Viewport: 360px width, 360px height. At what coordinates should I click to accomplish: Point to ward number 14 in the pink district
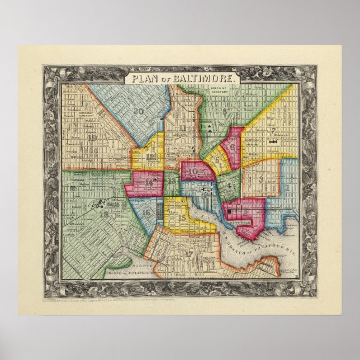tap(149, 182)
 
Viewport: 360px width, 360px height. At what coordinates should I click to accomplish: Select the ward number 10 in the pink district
tap(194, 172)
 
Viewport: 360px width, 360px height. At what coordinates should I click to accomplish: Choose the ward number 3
tap(261, 179)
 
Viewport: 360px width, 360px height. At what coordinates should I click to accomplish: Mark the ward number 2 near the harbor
tap(244, 212)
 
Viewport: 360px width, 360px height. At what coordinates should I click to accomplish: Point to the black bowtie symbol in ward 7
tap(273, 144)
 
